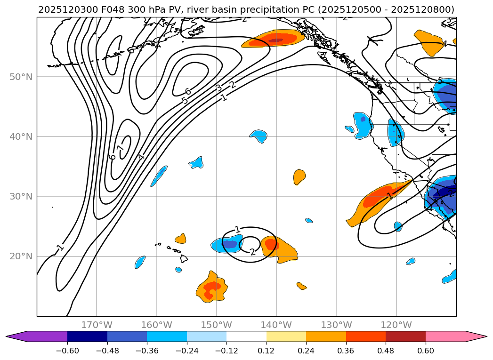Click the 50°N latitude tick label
[x=21, y=77]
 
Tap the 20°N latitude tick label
[x=21, y=256]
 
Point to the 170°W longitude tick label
[x=97, y=325]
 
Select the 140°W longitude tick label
[x=276, y=325]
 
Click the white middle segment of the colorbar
[x=246, y=336]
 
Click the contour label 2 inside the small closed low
[x=253, y=252]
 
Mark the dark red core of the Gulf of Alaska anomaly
[x=275, y=40]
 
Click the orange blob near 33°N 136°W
[x=299, y=177]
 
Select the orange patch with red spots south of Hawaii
[x=211, y=287]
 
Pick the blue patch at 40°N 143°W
[x=259, y=136]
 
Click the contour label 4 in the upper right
[x=444, y=44]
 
